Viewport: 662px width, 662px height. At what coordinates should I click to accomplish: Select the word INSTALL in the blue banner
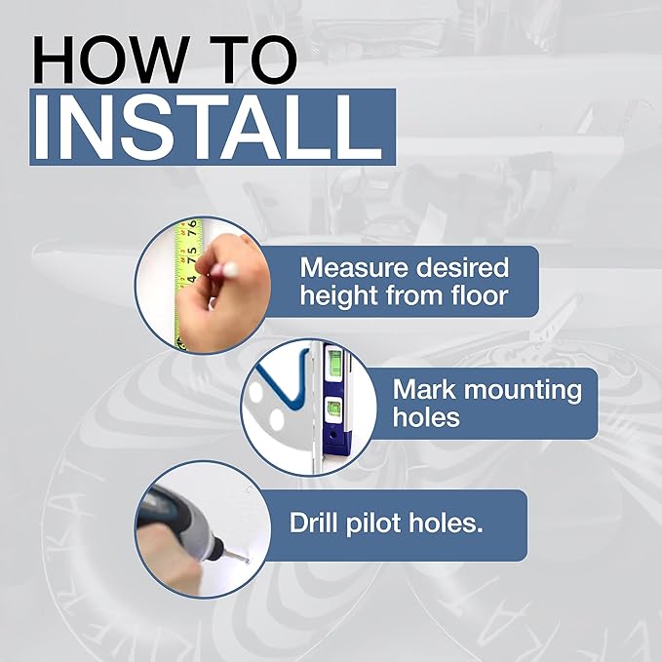208,127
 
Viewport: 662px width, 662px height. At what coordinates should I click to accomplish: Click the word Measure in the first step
355,267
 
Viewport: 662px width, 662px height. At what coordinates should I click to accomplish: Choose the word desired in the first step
462,267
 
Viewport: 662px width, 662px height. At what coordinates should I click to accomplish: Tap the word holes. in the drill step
446,523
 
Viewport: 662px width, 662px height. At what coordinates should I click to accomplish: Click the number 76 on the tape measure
192,228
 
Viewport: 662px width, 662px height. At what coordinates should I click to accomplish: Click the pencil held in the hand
224,268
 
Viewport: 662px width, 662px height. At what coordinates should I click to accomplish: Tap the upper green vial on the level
334,361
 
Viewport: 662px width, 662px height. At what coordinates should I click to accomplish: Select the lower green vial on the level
333,409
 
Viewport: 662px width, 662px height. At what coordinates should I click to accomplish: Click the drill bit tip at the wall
246,562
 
